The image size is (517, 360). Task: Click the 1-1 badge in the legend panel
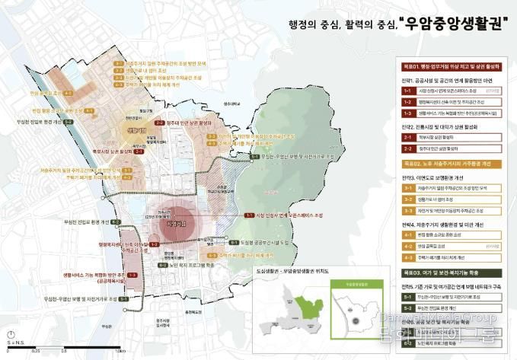click(x=406, y=90)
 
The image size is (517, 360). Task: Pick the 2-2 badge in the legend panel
click(x=406, y=149)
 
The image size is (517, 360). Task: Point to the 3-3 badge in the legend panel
click(x=406, y=209)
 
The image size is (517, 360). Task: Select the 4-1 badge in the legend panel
click(x=406, y=235)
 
